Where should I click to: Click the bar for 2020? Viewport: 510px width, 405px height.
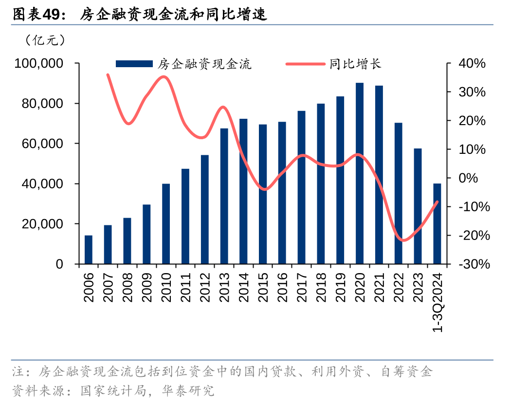coord(360,173)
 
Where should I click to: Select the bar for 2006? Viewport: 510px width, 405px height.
coord(89,250)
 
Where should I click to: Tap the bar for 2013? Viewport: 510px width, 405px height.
coord(224,196)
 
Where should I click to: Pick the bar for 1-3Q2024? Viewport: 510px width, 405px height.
coord(437,224)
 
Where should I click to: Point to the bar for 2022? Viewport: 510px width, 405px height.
coord(398,193)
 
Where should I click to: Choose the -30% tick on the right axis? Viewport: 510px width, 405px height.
coord(470,264)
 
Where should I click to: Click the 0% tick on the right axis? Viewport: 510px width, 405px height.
coord(469,178)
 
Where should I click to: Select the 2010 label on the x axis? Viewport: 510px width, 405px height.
coord(166,287)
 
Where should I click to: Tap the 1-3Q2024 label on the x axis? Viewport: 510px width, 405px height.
coord(438,302)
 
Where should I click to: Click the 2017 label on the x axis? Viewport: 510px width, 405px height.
coord(302,287)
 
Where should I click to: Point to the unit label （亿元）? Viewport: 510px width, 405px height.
coord(44,40)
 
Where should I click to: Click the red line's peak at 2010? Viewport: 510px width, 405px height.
coord(165,76)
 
